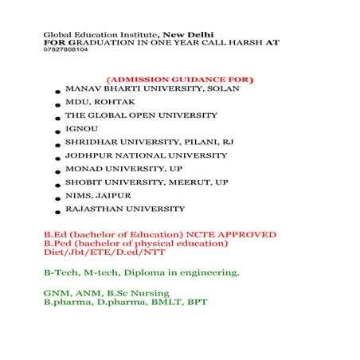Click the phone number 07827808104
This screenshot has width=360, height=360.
[x=65, y=49]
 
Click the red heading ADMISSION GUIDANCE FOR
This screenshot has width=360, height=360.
[x=180, y=80]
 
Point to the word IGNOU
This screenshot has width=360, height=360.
[x=80, y=128]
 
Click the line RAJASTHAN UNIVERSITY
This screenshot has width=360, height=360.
[x=125, y=209]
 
